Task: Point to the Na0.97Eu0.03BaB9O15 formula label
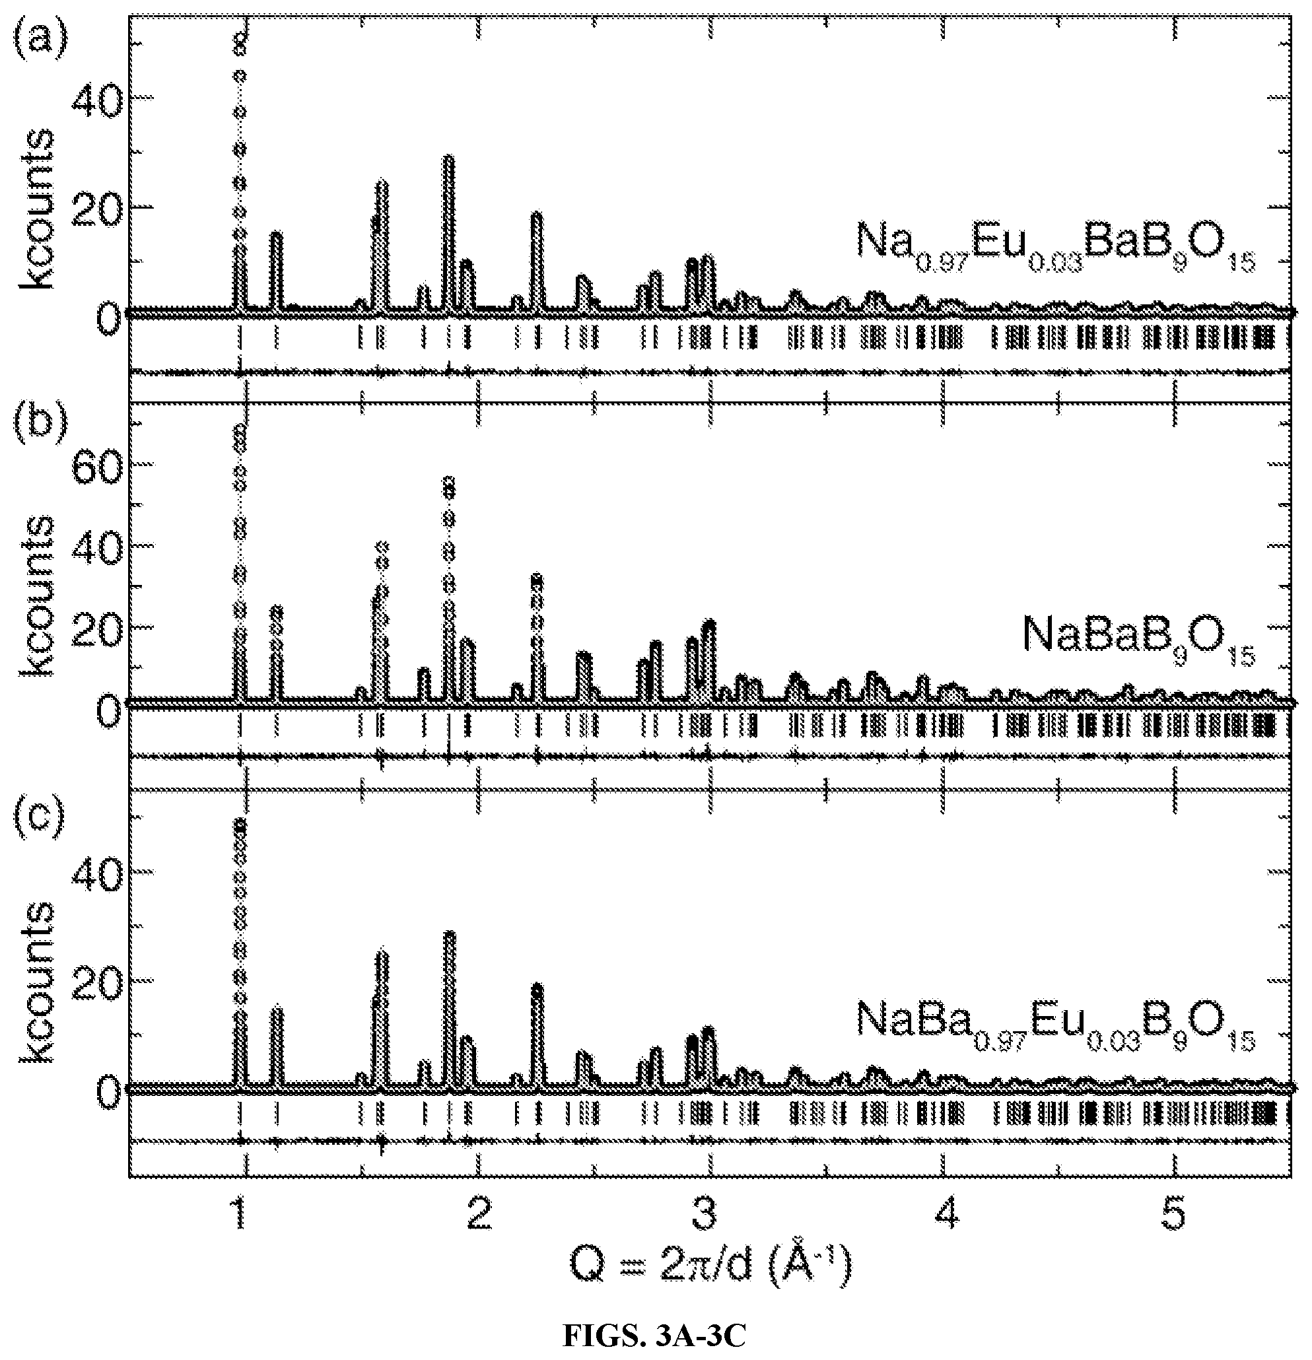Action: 1055,249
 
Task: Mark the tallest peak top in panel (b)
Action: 240,429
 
